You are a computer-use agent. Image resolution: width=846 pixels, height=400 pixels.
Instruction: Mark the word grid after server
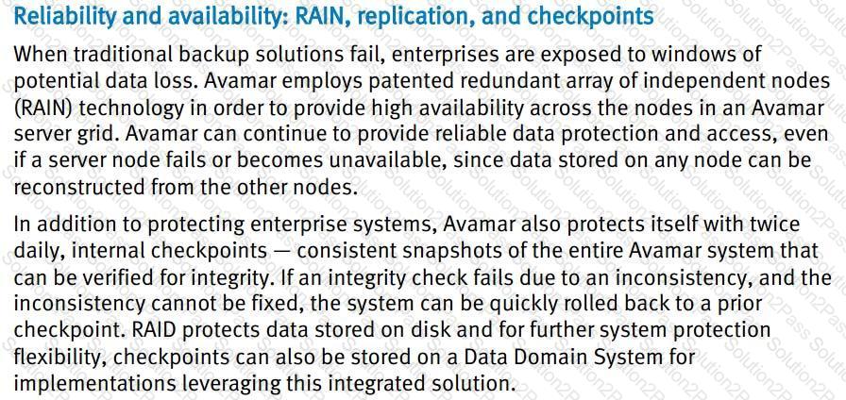click(x=99, y=135)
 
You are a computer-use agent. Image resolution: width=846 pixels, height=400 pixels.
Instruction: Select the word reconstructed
click(x=65, y=189)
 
